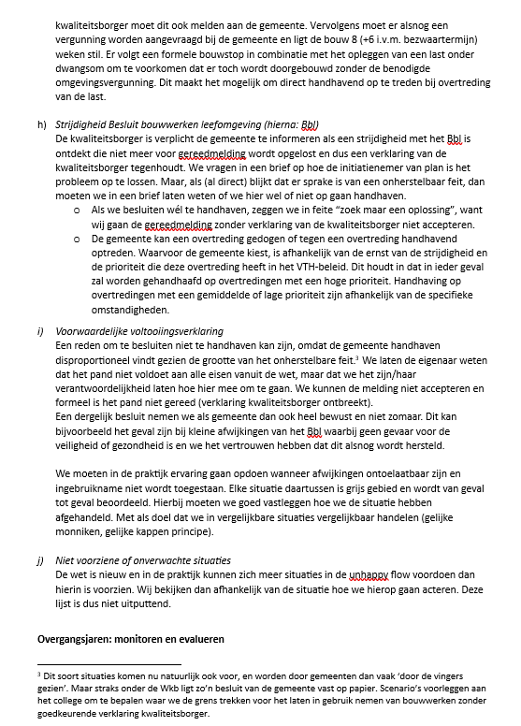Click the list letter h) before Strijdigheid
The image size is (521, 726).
pyautogui.click(x=41, y=124)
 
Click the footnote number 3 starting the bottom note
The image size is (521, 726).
pyautogui.click(x=38, y=673)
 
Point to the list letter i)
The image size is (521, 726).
pyautogui.click(x=40, y=332)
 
